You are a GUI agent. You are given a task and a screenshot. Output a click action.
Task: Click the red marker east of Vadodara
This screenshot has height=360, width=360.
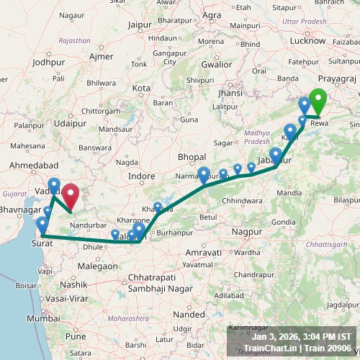pyautogui.click(x=70, y=195)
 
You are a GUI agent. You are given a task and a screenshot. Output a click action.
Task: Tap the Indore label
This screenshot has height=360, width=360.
pyautogui.click(x=141, y=176)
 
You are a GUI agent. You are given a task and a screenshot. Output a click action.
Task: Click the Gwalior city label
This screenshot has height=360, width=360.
pyautogui.click(x=217, y=63)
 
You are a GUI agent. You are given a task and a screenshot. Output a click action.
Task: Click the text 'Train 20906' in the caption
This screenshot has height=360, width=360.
pyautogui.click(x=328, y=348)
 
